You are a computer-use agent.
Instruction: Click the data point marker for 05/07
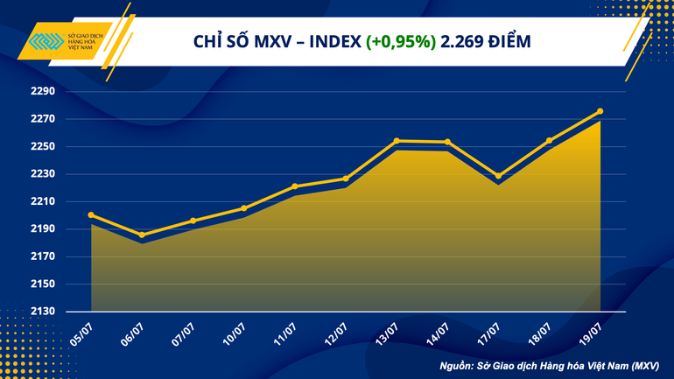92,215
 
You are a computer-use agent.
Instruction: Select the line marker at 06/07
142,235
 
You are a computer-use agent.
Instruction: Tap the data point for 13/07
397,141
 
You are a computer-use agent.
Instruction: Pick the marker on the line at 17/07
498,176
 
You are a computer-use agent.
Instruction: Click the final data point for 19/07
600,111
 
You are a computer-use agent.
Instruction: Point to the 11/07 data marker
295,186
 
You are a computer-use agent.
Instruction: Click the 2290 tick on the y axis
42,92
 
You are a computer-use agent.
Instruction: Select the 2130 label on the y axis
42,312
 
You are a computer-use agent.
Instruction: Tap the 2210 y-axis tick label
42,201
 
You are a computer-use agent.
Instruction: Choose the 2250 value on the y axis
42,147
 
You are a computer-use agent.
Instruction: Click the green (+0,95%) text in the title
402,41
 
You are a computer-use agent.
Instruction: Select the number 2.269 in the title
465,41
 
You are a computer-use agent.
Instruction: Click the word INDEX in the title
333,41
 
